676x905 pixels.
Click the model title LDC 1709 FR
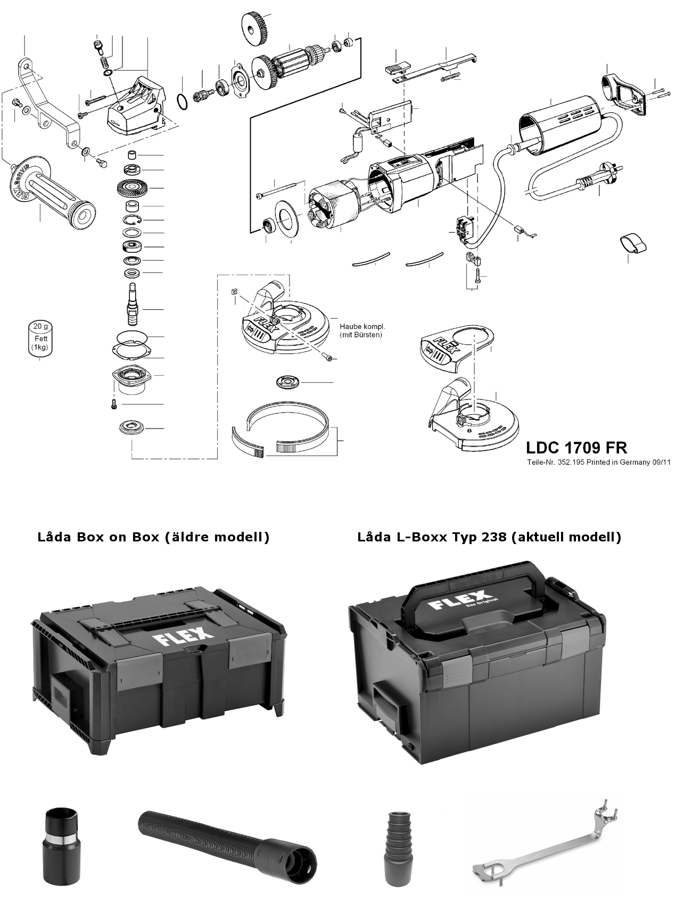click(576, 446)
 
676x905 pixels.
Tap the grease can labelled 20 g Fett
click(41, 338)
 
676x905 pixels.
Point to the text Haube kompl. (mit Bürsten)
click(361, 331)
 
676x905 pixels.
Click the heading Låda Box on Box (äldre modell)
click(153, 537)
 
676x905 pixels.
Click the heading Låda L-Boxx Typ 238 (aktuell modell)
click(489, 537)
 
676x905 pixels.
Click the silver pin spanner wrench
click(543, 846)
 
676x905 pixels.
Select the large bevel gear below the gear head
click(131, 188)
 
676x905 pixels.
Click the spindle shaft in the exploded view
click(131, 305)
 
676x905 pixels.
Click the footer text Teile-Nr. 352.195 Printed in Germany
click(597, 462)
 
